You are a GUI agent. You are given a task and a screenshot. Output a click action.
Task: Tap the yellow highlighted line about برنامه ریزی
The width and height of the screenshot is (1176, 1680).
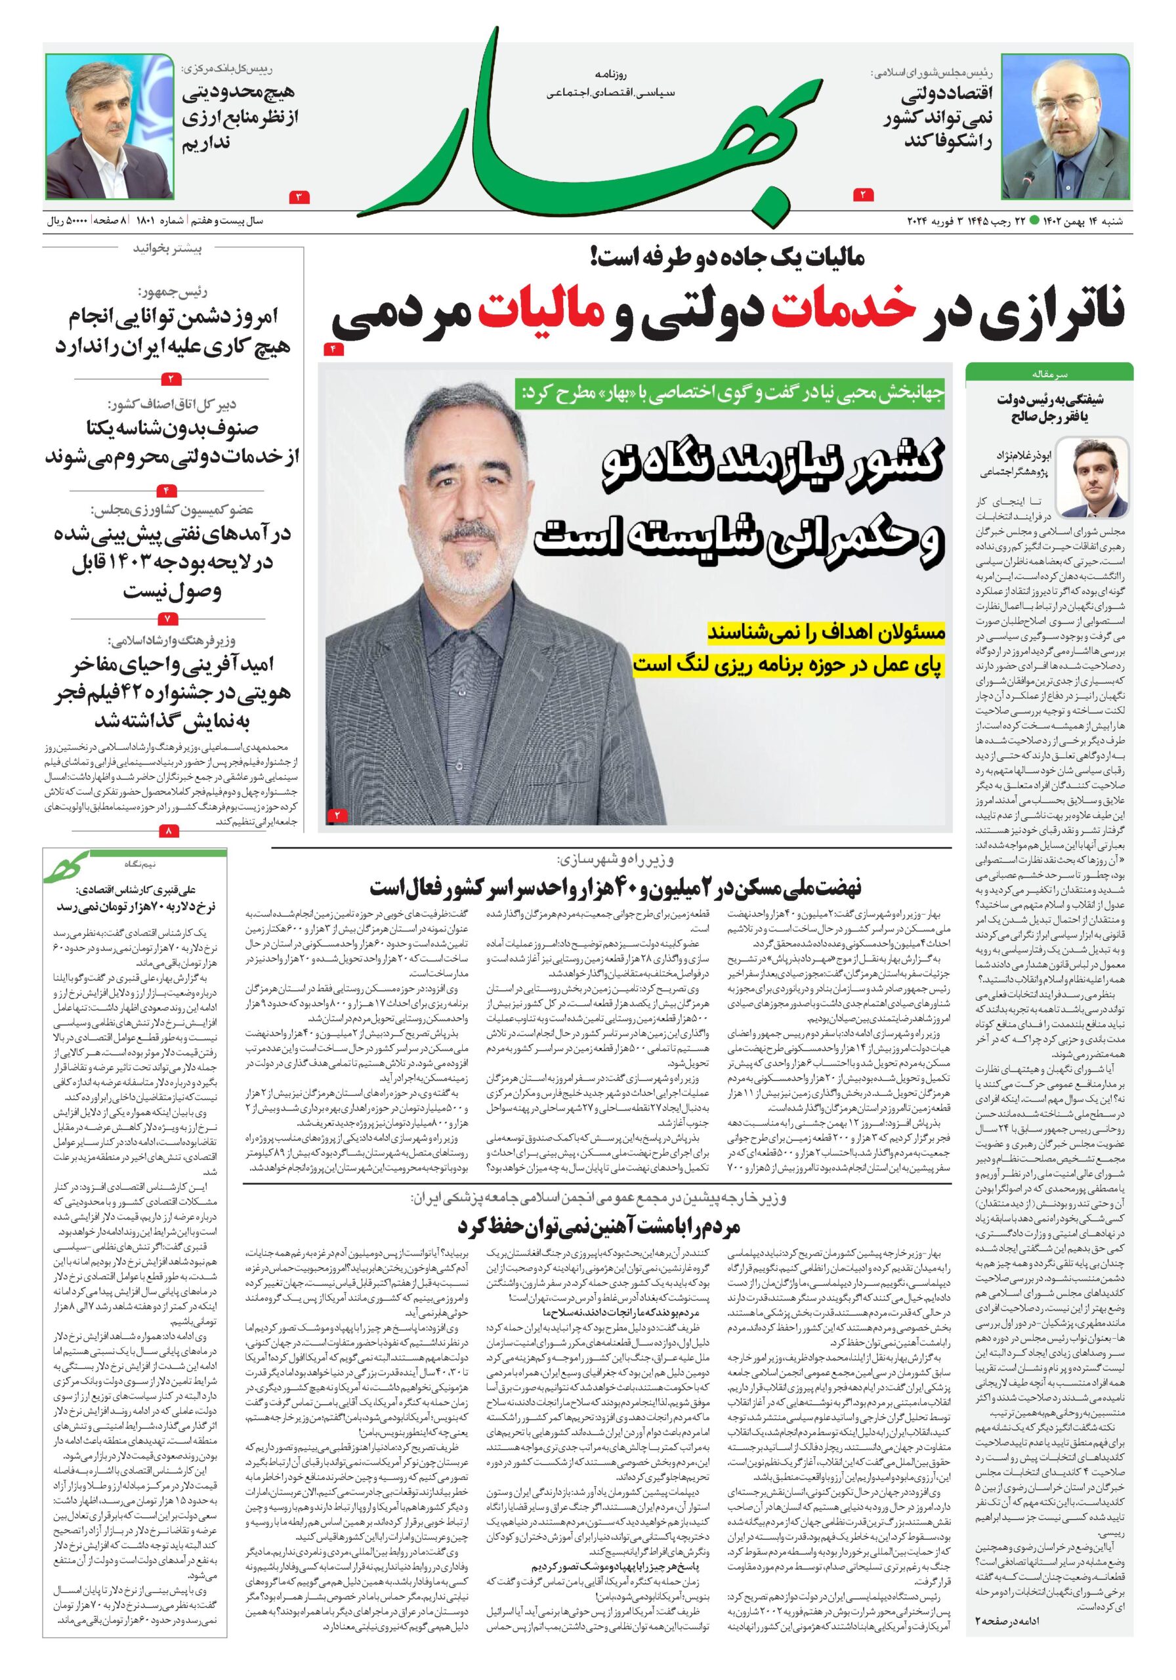click(789, 663)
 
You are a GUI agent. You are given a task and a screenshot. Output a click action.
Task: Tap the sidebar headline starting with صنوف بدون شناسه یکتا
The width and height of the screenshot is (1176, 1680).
click(173, 444)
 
